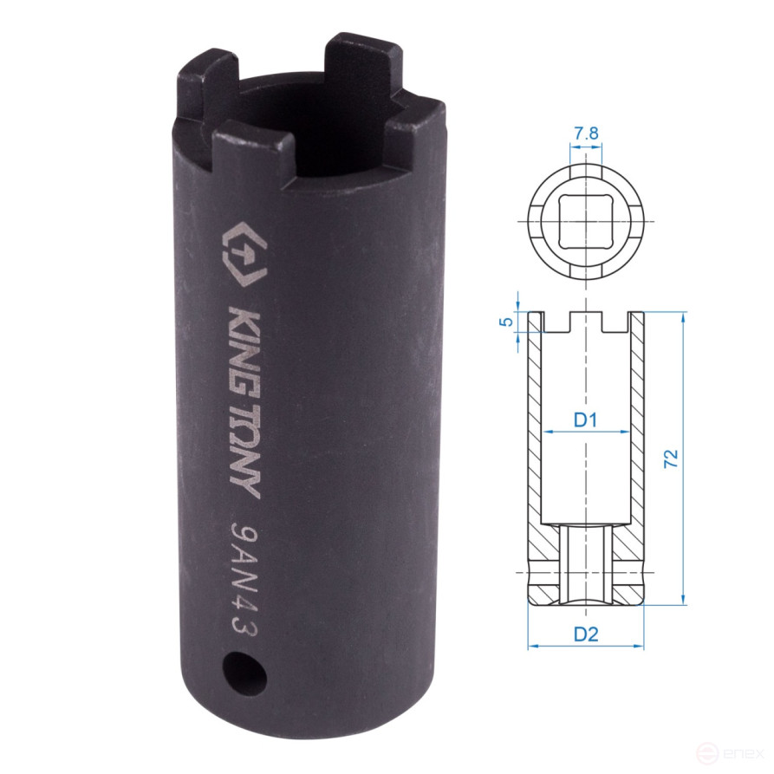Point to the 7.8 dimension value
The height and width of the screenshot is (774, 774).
pos(586,133)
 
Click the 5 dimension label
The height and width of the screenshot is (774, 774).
pos(506,322)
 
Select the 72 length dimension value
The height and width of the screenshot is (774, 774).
pos(672,459)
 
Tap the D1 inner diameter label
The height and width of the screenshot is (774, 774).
pos(585,420)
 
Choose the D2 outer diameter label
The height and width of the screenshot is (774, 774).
pos(586,634)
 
